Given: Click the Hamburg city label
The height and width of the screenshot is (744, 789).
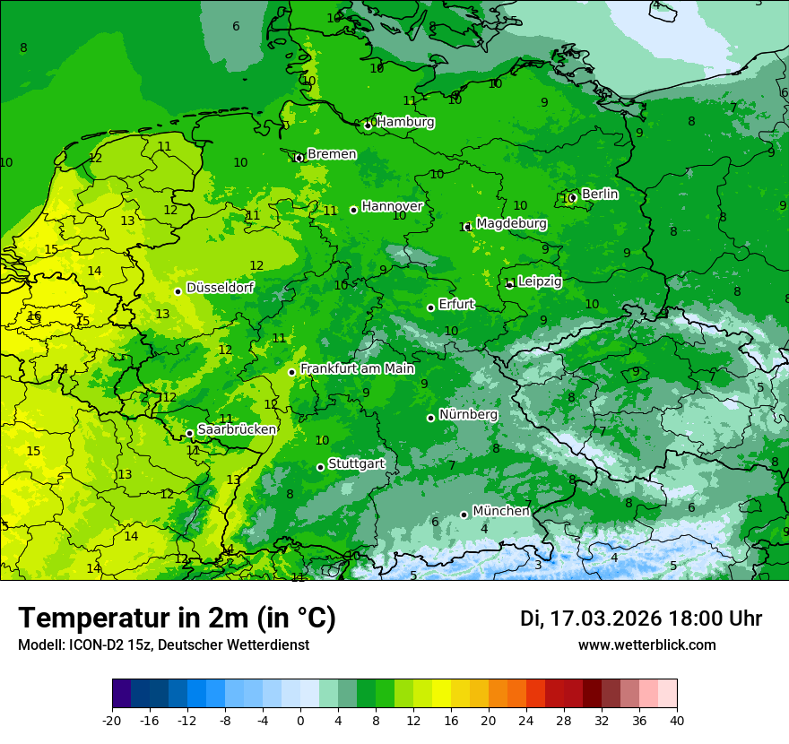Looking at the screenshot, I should (x=405, y=122).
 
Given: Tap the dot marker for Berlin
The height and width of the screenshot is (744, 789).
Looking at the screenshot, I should (x=572, y=197).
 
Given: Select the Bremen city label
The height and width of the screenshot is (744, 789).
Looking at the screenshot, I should (x=332, y=154).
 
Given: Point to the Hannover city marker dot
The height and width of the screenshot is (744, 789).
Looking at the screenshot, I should (x=354, y=210).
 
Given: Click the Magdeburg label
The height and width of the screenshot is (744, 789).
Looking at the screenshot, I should (x=511, y=223).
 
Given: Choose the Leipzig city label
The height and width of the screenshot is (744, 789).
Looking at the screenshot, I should (x=540, y=281).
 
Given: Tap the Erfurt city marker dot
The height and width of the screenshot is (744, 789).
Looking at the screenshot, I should (x=431, y=307).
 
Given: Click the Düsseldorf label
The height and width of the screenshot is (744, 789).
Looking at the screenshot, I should (x=220, y=288).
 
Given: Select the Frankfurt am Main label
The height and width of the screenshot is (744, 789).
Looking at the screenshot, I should (x=357, y=368).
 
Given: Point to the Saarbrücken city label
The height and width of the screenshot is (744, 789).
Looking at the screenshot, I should (x=237, y=429).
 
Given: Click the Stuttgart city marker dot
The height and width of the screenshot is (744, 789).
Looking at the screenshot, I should (x=320, y=467).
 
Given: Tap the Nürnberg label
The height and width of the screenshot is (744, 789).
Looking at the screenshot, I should (x=468, y=415).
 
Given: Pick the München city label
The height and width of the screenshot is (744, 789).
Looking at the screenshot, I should (x=500, y=511).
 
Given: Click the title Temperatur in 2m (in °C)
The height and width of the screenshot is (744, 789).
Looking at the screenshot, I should (x=177, y=619).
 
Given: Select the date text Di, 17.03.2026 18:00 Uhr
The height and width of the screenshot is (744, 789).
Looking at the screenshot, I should (x=640, y=619).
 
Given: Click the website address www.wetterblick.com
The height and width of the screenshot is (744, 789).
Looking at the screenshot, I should (x=646, y=645).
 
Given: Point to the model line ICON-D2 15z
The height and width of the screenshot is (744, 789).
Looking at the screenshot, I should (x=163, y=645).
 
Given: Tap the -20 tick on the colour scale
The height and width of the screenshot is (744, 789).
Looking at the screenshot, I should (x=112, y=721).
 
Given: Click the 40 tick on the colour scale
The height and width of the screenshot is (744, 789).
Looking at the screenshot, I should (x=677, y=721).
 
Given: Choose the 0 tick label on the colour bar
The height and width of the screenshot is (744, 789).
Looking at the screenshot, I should (x=300, y=721).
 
